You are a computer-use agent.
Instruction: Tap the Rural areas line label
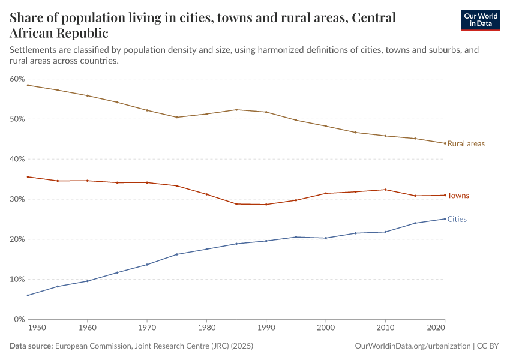click(466, 144)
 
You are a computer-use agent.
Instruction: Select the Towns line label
click(458, 196)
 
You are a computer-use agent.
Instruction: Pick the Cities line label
click(457, 220)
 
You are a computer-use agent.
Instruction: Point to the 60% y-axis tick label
click(17, 79)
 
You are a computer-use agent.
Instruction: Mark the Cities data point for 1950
click(28, 295)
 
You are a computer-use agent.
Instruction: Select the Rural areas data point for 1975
click(177, 117)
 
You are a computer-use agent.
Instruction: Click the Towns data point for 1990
click(266, 205)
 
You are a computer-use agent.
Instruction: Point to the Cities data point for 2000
click(326, 238)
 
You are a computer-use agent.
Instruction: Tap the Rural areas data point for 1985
click(236, 110)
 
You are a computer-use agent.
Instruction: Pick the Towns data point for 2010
click(385, 190)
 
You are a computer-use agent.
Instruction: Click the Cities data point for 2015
click(415, 223)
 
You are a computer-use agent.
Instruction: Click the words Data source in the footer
click(31, 346)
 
